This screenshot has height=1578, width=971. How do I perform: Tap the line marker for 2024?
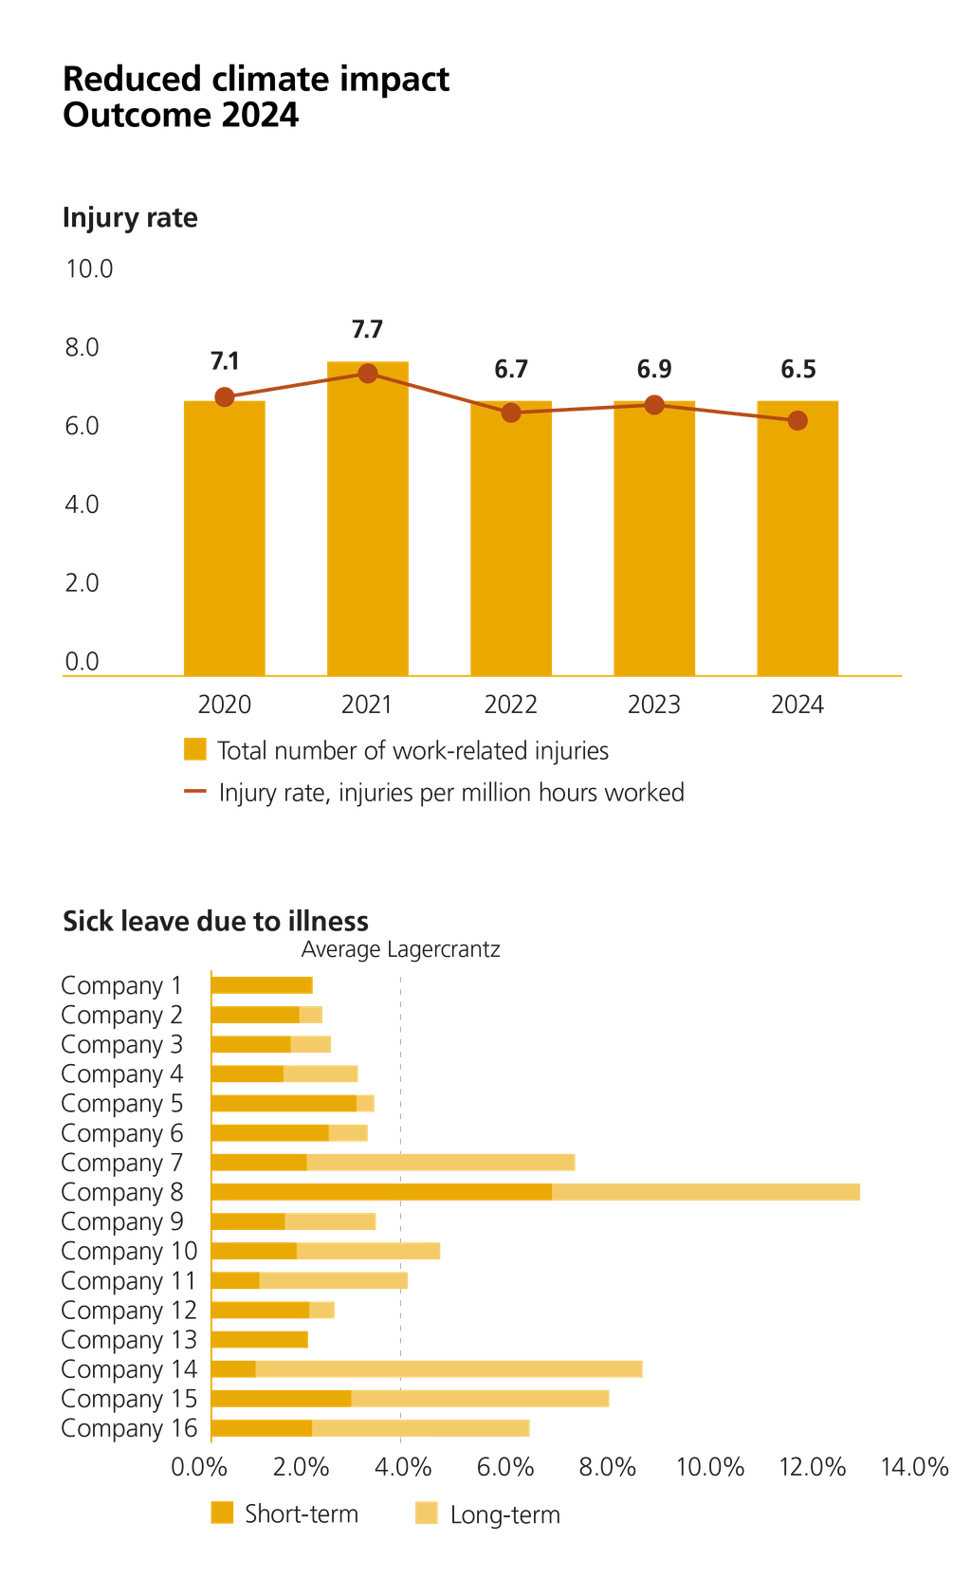tap(797, 420)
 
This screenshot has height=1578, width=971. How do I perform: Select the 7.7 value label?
tap(367, 330)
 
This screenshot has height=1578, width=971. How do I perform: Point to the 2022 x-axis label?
tap(510, 705)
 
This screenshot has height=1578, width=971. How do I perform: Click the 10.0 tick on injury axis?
tap(88, 269)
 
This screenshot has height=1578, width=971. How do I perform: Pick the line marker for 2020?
tap(224, 396)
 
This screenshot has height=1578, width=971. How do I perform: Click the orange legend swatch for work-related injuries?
tap(194, 749)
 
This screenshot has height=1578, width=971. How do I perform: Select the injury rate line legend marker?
tap(194, 791)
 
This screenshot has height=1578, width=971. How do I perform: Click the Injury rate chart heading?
tap(130, 218)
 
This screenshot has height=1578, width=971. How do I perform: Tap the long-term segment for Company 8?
tap(706, 1191)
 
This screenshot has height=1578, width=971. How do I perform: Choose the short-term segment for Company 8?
tap(381, 1191)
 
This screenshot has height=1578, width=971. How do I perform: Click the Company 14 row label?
tap(129, 1369)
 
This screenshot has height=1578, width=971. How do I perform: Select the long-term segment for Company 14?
tap(449, 1369)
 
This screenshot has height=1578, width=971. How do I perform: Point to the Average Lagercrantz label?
tap(400, 949)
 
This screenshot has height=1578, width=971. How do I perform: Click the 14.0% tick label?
tap(914, 1467)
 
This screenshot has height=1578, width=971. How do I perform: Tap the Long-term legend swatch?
tap(428, 1513)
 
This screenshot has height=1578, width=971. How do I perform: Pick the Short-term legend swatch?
tap(222, 1513)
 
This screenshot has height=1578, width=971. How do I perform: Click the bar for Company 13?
tap(260, 1339)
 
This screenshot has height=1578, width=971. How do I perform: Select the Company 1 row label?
tap(121, 985)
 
